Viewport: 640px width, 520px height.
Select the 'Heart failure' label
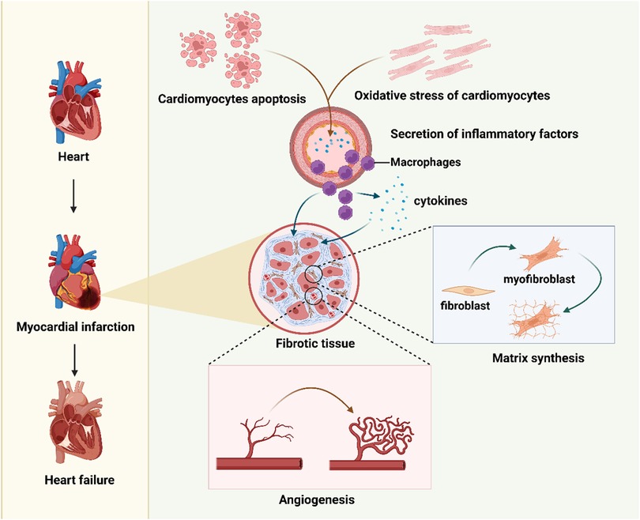coord(73,477)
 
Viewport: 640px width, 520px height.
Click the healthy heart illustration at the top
coord(73,101)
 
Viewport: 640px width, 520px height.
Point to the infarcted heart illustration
coord(73,273)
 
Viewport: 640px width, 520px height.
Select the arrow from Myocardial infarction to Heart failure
coord(73,360)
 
